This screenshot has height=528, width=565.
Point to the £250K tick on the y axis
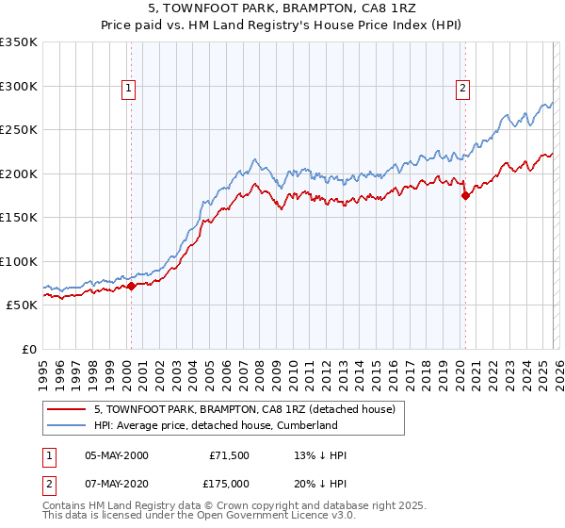click(x=18, y=130)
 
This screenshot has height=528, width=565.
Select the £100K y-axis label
click(x=18, y=261)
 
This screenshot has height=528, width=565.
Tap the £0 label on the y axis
click(x=27, y=349)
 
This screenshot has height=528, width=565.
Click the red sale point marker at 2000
click(x=132, y=287)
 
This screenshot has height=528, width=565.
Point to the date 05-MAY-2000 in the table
click(x=117, y=455)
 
